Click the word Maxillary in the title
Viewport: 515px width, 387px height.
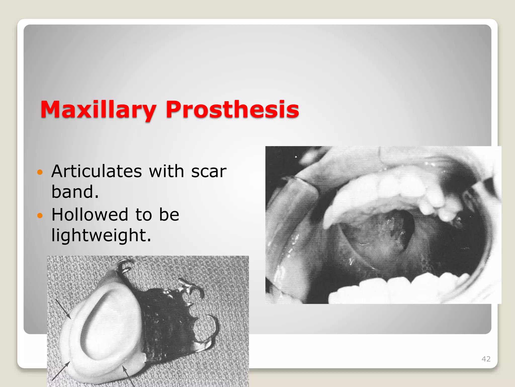pyautogui.click(x=98, y=110)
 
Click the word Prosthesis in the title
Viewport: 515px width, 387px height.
pyautogui.click(x=232, y=110)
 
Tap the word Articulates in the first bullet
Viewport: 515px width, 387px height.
pyautogui.click(x=97, y=171)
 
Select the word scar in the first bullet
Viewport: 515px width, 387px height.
pyautogui.click(x=209, y=172)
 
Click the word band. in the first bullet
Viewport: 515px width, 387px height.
pyautogui.click(x=75, y=192)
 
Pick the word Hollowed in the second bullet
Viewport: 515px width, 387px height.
pyautogui.click(x=90, y=215)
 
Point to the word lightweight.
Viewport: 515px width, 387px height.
pyautogui.click(x=101, y=235)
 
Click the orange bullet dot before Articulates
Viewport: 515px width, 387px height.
pyautogui.click(x=40, y=172)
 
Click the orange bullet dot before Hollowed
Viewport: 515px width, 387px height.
pyautogui.click(x=40, y=215)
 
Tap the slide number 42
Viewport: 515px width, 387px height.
pyautogui.click(x=486, y=359)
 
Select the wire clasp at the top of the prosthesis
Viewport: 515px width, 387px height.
pyautogui.click(x=126, y=266)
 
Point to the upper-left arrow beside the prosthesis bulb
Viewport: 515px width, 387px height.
pyautogui.click(x=63, y=309)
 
